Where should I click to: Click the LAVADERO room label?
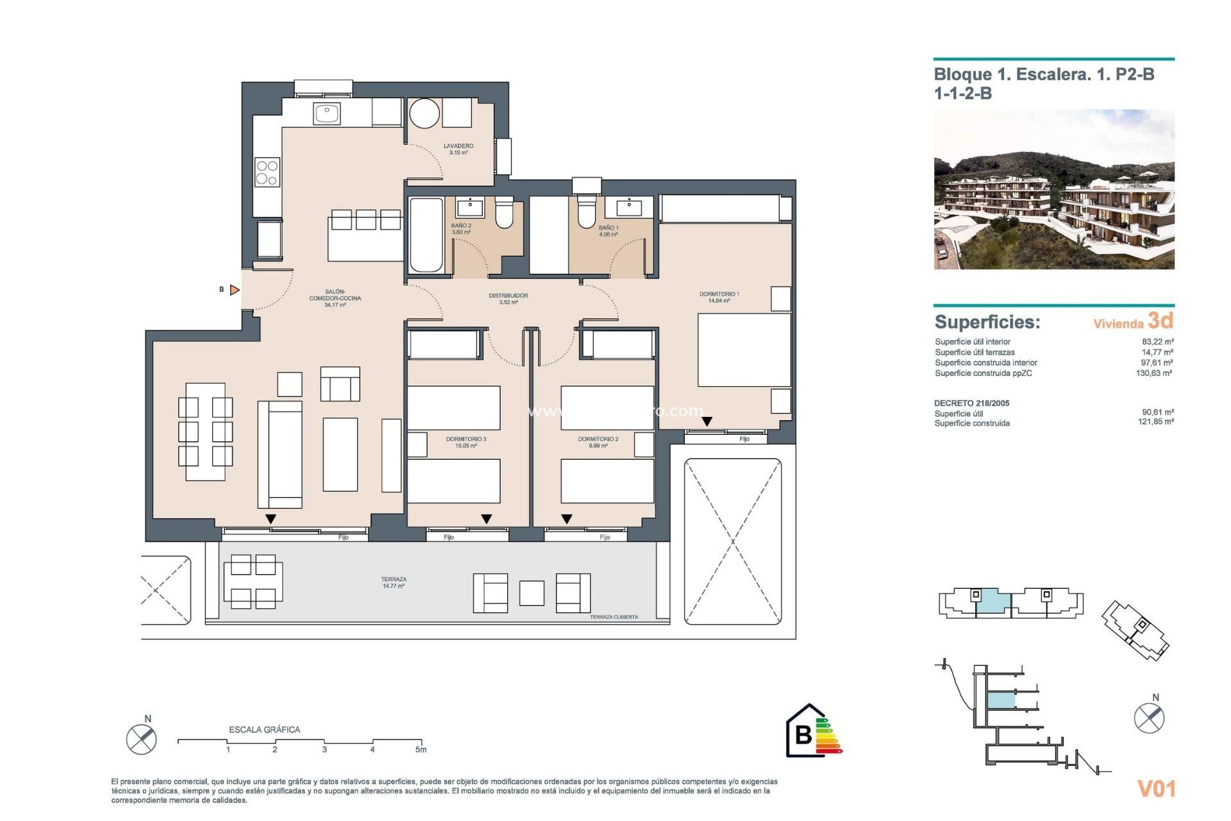pos(458,146)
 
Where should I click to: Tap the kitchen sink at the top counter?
pos(326,114)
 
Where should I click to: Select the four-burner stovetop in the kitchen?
pos(267,173)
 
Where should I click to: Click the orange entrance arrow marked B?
pos(235,290)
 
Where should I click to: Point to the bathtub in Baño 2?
pos(426,235)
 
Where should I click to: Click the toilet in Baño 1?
pos(586,212)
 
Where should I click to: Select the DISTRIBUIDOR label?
pos(508,296)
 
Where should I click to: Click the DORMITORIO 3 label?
pos(466,439)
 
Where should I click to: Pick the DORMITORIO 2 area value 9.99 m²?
pos(598,446)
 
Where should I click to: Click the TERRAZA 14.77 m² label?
pos(393,582)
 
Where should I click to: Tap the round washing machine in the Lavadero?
pos(424,114)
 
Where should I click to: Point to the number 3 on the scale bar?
pos(324,749)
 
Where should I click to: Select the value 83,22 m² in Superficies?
pos(1157,342)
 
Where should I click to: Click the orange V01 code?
pos(1156,788)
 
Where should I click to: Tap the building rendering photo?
pos(1053,189)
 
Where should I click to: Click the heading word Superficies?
pos(987,322)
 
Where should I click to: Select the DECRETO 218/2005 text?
pos(971,403)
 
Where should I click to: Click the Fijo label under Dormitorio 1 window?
pos(744,439)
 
